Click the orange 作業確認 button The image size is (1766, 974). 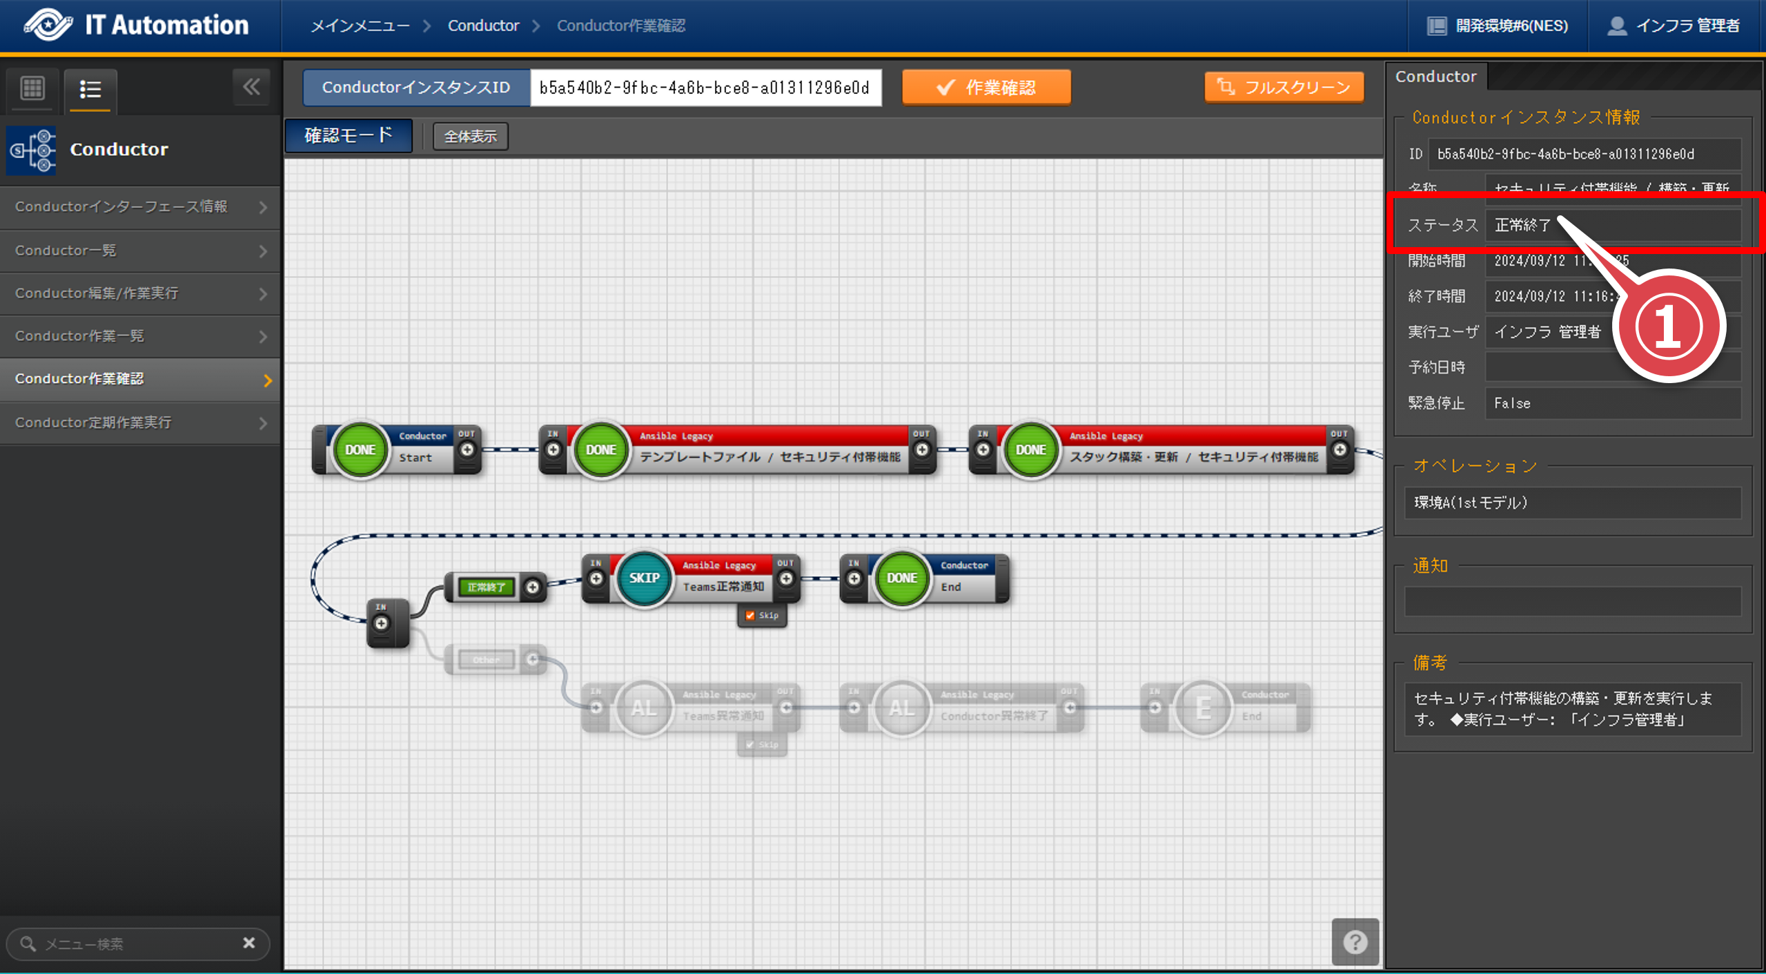click(986, 88)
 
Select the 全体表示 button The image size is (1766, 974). click(470, 136)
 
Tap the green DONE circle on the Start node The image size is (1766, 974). click(360, 450)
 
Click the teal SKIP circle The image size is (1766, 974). click(644, 578)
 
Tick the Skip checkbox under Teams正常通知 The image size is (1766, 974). click(750, 615)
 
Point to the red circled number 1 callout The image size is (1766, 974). click(1668, 326)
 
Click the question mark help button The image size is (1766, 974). click(1355, 942)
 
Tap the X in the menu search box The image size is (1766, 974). click(249, 943)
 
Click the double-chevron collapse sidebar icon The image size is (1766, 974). click(251, 87)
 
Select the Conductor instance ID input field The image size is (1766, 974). click(705, 88)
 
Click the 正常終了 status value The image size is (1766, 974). click(1522, 225)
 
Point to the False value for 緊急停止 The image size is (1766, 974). click(1512, 403)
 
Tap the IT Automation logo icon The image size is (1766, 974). click(48, 26)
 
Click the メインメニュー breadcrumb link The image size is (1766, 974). click(360, 26)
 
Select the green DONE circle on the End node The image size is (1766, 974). click(902, 578)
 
